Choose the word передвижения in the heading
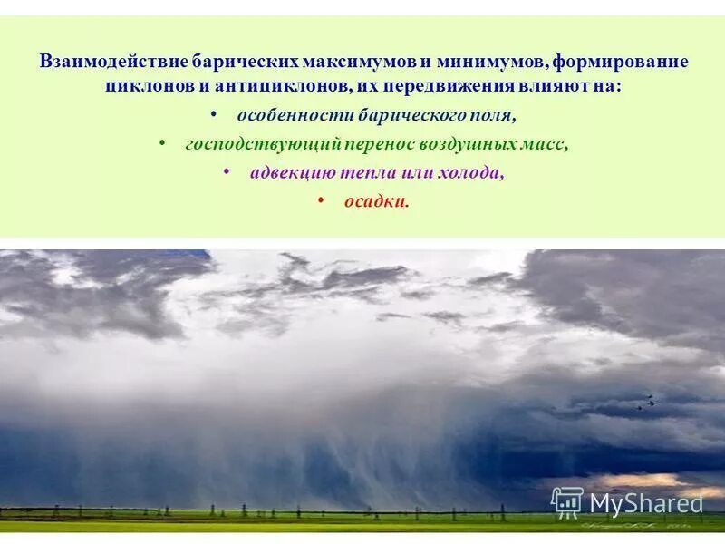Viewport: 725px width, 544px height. pyautogui.click(x=442, y=87)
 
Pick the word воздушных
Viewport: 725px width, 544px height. pyautogui.click(x=471, y=144)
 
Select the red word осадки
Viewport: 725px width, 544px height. pyautogui.click(x=375, y=201)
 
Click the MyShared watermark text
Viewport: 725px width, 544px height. pyautogui.click(x=646, y=503)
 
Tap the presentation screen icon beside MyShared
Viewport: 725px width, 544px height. pyautogui.click(x=567, y=501)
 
